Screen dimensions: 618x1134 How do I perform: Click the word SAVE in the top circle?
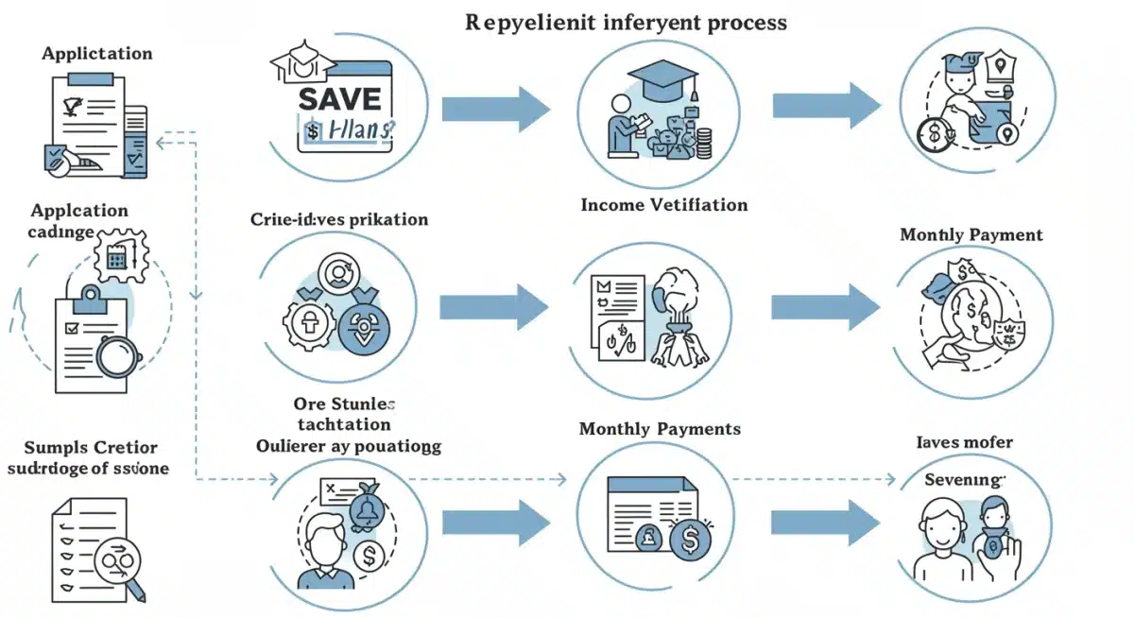pyautogui.click(x=340, y=97)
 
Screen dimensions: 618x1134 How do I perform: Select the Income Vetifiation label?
pyautogui.click(x=663, y=205)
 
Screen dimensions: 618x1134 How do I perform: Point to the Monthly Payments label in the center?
pyautogui.click(x=660, y=429)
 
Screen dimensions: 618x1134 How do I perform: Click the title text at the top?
pyautogui.click(x=626, y=22)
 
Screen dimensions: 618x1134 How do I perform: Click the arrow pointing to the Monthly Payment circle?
pyautogui.click(x=826, y=306)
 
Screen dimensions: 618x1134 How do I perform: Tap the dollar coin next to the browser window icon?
pyautogui.click(x=690, y=542)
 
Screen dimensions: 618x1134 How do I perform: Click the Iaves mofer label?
pyautogui.click(x=964, y=441)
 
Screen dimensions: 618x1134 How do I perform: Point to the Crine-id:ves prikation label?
pyautogui.click(x=339, y=219)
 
